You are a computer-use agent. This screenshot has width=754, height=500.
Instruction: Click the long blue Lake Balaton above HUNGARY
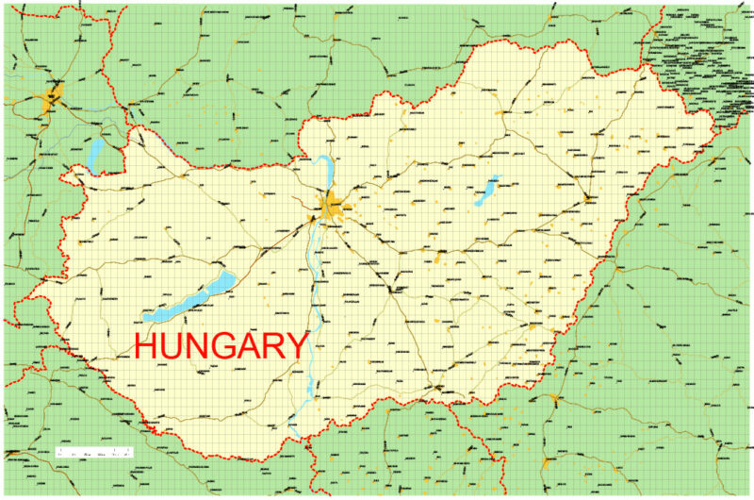coord(188,300)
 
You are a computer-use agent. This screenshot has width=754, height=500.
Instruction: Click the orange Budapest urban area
coord(332,206)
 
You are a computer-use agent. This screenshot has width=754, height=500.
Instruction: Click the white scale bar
coord(94,453)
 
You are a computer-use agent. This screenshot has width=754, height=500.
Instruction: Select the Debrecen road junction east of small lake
coord(586,198)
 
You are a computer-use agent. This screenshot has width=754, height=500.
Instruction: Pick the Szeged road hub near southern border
coord(435,387)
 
